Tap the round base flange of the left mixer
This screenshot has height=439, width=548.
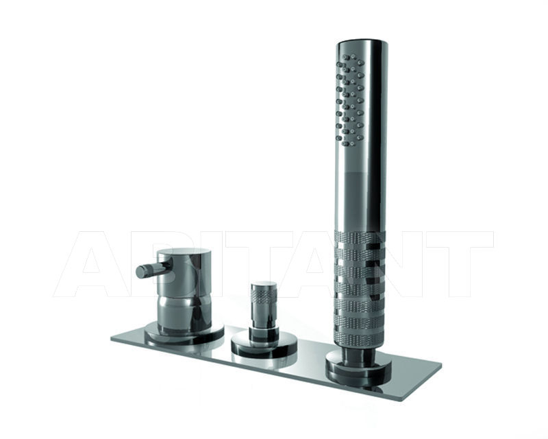184,334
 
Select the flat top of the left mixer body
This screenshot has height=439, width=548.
183,252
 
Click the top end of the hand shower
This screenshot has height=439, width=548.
362,44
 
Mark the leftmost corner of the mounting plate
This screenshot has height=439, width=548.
112,337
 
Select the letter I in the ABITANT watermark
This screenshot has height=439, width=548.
199,264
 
